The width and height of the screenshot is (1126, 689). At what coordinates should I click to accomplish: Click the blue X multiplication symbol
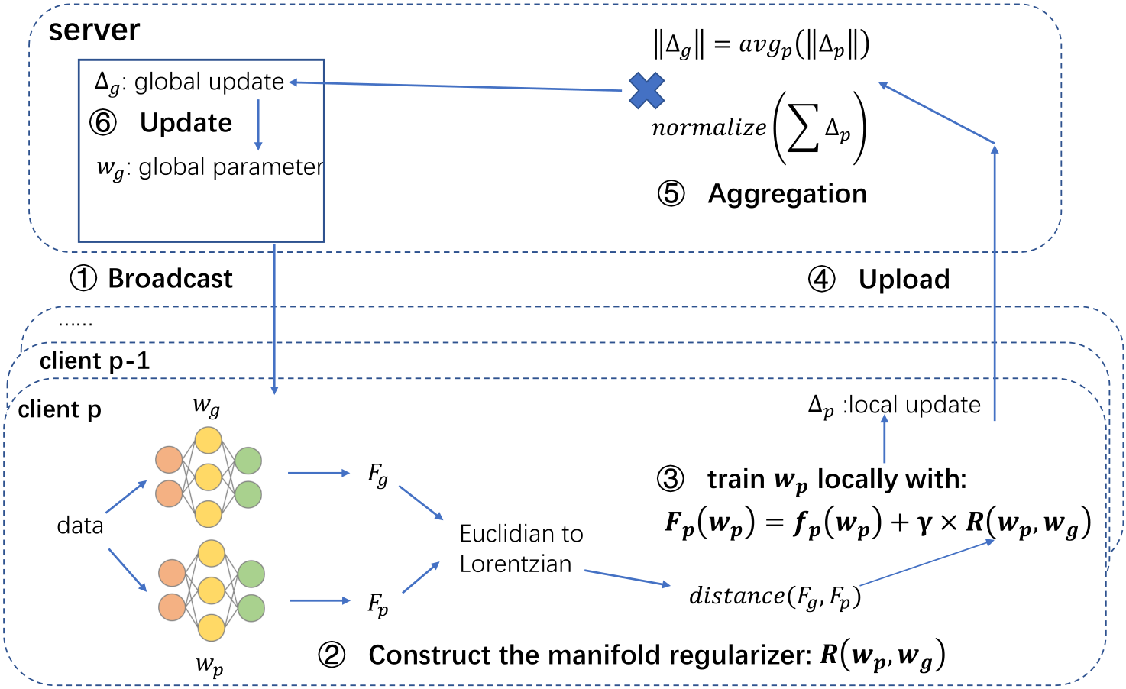[646, 90]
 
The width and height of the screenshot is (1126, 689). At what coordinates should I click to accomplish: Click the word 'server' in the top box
[94, 31]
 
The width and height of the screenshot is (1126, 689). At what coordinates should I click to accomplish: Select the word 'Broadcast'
[170, 279]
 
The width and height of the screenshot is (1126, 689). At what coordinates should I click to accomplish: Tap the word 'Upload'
[904, 280]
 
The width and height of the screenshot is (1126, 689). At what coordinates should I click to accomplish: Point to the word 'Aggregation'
[787, 194]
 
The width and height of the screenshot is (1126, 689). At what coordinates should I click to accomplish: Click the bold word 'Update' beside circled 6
[186, 123]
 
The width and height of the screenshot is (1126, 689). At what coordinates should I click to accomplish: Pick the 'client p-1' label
[95, 361]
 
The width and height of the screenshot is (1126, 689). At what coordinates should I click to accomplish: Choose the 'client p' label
[60, 409]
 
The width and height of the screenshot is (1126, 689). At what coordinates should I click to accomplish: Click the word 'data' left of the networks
[80, 526]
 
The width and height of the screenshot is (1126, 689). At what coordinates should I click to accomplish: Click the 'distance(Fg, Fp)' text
[775, 596]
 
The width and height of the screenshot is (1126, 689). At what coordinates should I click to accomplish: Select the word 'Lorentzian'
[516, 564]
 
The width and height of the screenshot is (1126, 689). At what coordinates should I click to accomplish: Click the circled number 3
[671, 479]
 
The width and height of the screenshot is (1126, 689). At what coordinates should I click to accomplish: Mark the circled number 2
[332, 655]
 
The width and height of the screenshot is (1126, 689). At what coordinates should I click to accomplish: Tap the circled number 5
[671, 194]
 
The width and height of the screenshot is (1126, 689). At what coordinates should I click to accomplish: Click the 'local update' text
[914, 405]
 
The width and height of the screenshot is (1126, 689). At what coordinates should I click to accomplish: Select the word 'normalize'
[708, 128]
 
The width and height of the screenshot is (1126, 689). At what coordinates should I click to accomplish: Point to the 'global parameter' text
[231, 167]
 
